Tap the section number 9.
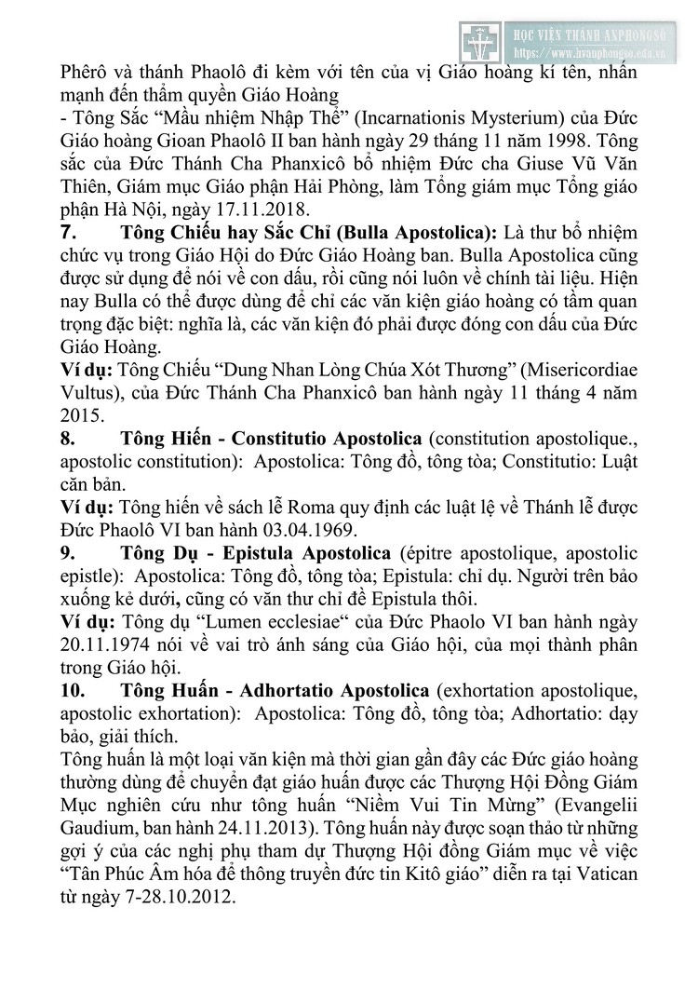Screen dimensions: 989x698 [x=66, y=552]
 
